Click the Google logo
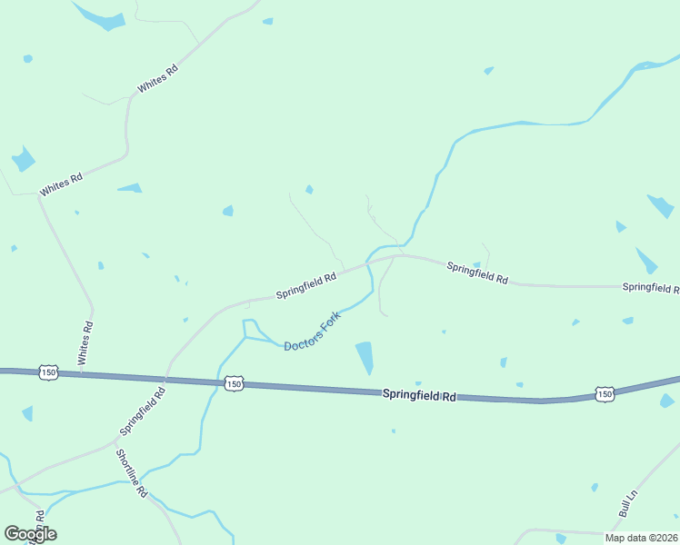30,534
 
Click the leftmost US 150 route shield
49,372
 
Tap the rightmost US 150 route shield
605,393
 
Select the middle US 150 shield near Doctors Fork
234,384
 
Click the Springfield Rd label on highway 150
419,395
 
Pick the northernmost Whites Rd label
157,79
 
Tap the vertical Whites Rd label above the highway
85,343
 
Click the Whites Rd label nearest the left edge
61,183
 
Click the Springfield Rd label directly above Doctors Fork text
306,287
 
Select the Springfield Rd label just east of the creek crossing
477,272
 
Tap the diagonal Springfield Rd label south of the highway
144,410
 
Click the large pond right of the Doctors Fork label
365,357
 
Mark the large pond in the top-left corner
100,16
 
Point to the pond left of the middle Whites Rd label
23,160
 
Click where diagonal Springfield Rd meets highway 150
165,378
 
